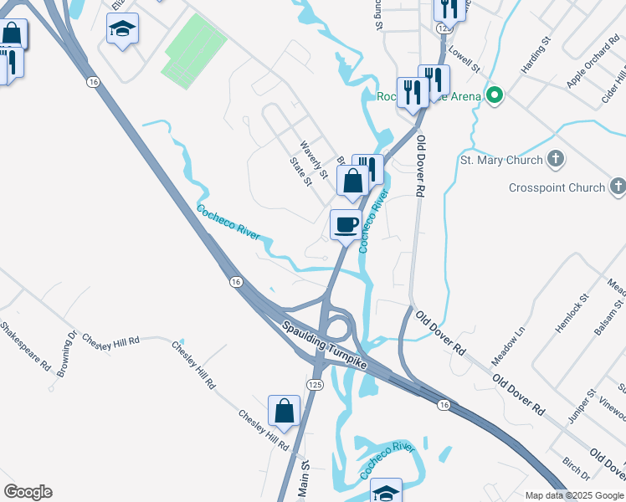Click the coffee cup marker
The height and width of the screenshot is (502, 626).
click(346, 224)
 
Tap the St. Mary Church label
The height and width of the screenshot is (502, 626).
click(503, 159)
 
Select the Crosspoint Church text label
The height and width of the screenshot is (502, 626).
click(557, 187)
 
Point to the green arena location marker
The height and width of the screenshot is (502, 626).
click(495, 95)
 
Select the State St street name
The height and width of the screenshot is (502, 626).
click(300, 170)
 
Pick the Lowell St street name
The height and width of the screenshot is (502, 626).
click(464, 59)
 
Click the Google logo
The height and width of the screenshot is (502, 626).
click(28, 492)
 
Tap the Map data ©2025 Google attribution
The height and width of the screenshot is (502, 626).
click(574, 495)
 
